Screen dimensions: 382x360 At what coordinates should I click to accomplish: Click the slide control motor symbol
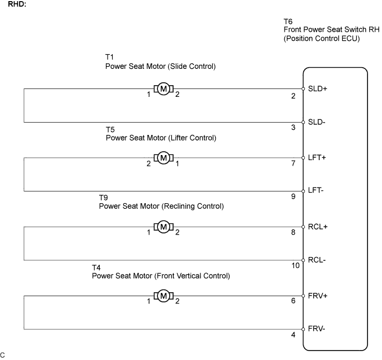164,89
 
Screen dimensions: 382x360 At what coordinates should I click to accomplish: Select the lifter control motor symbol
164,158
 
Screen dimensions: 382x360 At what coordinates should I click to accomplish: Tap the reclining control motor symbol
164,227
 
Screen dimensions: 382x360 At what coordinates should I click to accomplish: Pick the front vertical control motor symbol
164,296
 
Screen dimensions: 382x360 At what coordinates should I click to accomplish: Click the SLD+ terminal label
318,88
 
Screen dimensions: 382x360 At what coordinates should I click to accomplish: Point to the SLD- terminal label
316,122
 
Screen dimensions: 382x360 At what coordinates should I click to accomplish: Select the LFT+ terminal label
316,157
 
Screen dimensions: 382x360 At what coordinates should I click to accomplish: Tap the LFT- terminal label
316,190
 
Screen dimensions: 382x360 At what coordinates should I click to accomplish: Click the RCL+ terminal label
318,227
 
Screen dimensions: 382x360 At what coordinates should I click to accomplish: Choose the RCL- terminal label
316,260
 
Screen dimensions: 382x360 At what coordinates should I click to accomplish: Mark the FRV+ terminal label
318,296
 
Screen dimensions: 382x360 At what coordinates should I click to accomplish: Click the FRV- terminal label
316,329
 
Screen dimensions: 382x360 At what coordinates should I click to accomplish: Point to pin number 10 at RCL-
296,265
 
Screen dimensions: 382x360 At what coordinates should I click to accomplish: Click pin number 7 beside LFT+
294,163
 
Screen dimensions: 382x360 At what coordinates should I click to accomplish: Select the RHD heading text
17,4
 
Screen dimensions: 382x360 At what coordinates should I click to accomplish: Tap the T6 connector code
288,22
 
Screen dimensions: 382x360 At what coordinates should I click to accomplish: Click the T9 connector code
103,198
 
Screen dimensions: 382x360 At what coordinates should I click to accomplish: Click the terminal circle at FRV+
304,296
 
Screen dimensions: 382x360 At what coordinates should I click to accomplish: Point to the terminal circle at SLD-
304,122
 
